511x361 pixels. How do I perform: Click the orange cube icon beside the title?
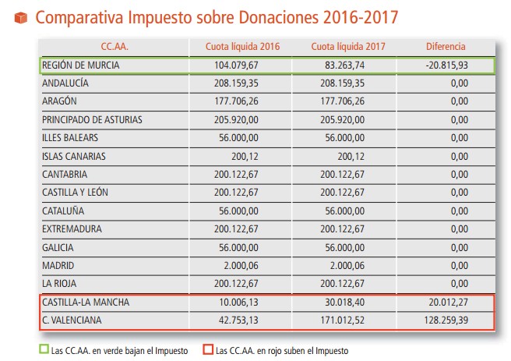(21, 16)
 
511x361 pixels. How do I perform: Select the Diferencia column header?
(445, 46)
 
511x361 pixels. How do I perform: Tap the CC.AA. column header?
(114, 46)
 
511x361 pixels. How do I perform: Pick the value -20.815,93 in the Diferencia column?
(446, 65)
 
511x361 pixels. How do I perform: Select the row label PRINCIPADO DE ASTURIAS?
(93, 120)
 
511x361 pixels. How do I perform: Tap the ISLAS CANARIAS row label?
(74, 156)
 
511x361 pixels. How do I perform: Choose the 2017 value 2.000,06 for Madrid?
(345, 264)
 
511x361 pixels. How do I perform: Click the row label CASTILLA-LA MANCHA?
(86, 302)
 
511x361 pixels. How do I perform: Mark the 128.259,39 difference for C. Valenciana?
(446, 319)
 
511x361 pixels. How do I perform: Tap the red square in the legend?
(207, 350)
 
